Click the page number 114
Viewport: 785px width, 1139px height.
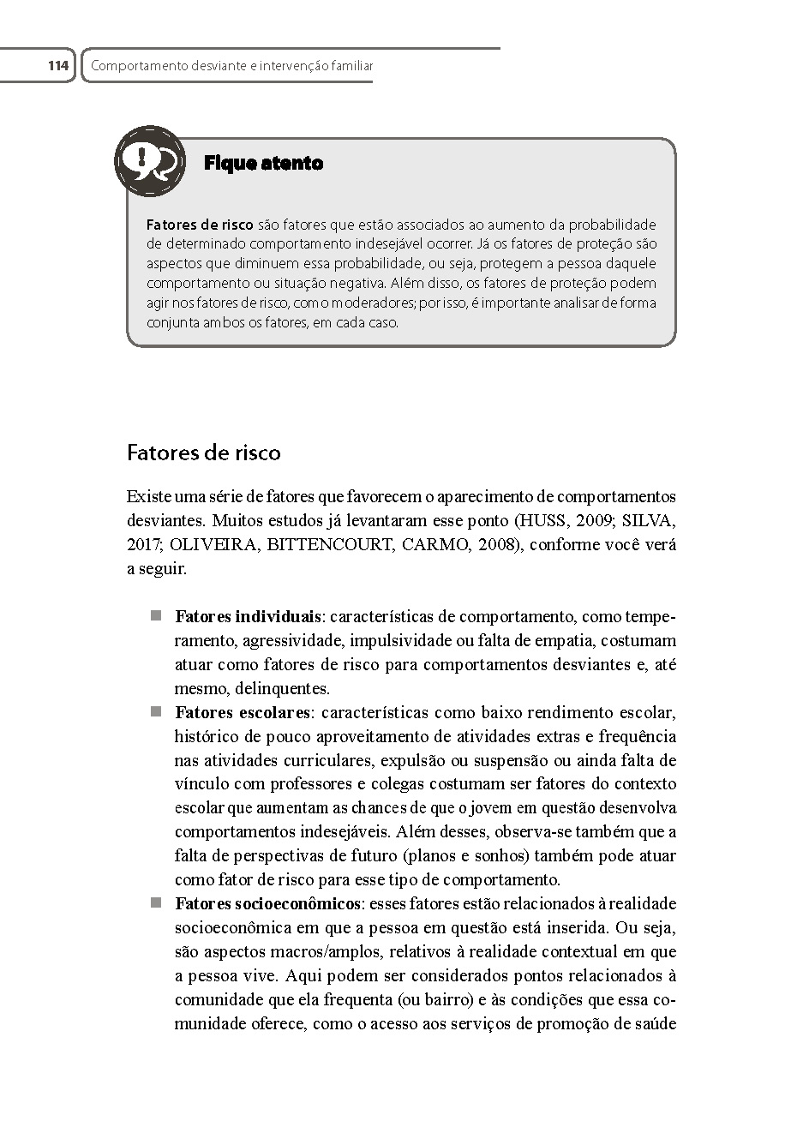coord(57,65)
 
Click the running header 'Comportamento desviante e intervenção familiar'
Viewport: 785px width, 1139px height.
coord(231,65)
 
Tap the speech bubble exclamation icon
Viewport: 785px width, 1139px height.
coord(150,160)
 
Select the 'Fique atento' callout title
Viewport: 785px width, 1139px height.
coord(263,163)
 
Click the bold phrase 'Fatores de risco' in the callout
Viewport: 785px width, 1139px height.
coord(200,225)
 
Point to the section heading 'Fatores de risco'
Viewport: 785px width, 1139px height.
coord(203,453)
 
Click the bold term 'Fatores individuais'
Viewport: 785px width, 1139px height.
coord(248,616)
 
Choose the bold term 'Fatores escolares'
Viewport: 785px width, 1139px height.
coord(242,712)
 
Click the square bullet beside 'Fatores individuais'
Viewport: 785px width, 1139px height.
coord(156,615)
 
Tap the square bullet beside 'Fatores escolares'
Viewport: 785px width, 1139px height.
coord(156,711)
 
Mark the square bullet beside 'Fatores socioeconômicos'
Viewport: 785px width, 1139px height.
coord(156,902)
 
